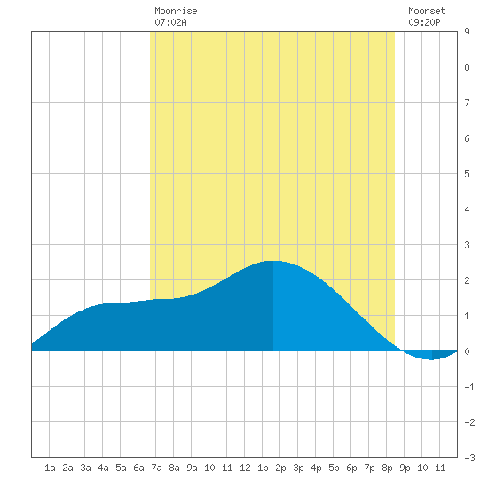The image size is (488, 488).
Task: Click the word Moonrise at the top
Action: [176, 12]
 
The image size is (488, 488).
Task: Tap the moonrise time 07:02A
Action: [170, 22]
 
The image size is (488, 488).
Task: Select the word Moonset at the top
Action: [427, 12]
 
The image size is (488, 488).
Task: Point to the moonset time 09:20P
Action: [424, 22]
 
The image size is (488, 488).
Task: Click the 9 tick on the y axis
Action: [467, 32]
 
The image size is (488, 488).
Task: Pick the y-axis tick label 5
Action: [467, 174]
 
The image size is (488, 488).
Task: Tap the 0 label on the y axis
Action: [467, 351]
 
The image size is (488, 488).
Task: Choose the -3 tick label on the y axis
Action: [469, 458]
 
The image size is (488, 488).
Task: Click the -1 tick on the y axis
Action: [469, 387]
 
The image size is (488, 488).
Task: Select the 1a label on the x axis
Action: [50, 468]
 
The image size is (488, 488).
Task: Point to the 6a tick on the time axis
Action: [138, 468]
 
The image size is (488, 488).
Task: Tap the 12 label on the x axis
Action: [245, 468]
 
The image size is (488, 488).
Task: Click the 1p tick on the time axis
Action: [263, 468]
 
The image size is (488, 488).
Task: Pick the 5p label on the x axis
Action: [334, 468]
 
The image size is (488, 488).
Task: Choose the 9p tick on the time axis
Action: [405, 468]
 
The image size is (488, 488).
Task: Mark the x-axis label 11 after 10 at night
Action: [440, 468]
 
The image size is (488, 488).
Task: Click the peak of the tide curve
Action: [273, 261]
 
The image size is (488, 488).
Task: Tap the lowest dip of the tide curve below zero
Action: [432, 359]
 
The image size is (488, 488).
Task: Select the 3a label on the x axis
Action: [85, 468]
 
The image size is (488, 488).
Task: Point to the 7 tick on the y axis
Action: [467, 103]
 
